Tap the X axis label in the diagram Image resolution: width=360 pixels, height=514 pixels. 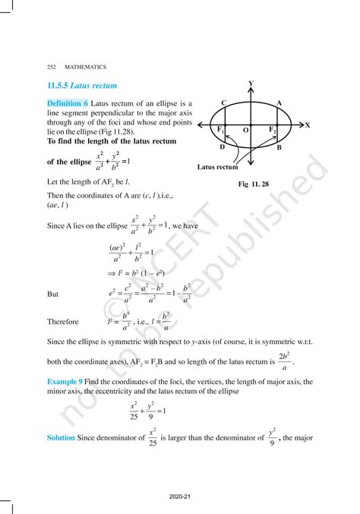click(307, 125)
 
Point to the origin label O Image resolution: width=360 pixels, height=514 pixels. click(245, 131)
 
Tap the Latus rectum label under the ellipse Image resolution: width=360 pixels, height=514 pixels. click(217, 167)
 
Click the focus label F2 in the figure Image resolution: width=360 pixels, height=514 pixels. click(273, 131)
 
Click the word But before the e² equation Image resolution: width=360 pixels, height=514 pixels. click(53, 293)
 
